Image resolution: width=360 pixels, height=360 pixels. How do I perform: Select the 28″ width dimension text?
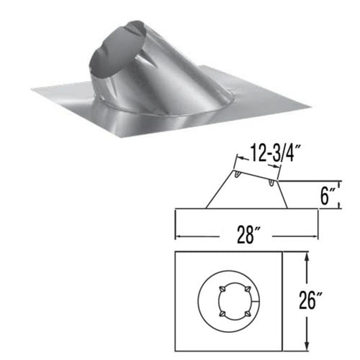coord(248,236)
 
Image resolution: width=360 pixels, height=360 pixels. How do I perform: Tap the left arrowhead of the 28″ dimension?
coord(178,236)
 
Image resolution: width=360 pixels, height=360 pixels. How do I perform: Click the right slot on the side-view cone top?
coord(271,182)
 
